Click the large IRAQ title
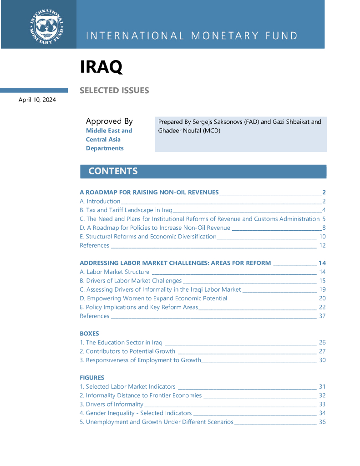(x=101, y=67)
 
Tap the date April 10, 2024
(x=37, y=100)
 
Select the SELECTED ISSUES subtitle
(x=114, y=91)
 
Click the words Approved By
(x=109, y=121)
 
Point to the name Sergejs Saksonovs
(x=213, y=122)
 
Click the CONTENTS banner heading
(x=113, y=171)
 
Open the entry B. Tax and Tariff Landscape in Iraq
(x=126, y=210)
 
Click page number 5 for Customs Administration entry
(x=324, y=219)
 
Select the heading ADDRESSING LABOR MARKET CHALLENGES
(x=175, y=263)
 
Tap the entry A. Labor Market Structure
(x=114, y=272)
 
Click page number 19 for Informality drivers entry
(x=322, y=289)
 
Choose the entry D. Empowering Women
(x=153, y=298)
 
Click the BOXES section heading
(x=89, y=334)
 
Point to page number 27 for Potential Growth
(x=322, y=351)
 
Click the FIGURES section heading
(x=92, y=378)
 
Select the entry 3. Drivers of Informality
(x=112, y=404)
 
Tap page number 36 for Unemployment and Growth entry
(x=322, y=422)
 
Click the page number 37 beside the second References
(x=322, y=316)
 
